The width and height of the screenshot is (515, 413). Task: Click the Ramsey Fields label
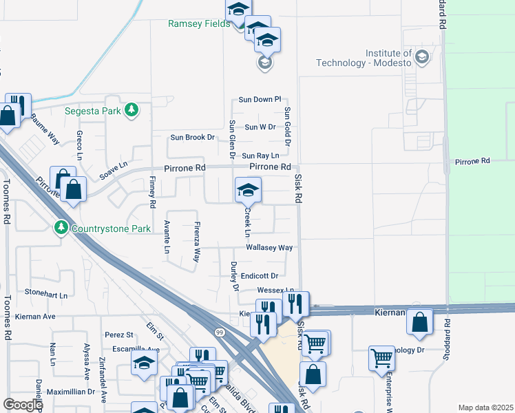click(200, 23)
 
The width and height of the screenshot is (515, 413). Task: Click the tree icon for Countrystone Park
click(61, 227)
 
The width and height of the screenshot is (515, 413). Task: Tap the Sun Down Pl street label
click(260, 100)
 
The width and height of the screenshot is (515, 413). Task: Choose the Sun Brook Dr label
click(192, 138)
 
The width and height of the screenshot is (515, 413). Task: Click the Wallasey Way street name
click(270, 248)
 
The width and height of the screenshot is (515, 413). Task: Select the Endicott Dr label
click(259, 276)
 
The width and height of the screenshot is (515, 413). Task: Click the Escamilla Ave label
click(132, 349)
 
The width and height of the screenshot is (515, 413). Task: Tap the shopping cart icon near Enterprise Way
click(381, 357)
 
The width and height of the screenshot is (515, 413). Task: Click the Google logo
click(23, 405)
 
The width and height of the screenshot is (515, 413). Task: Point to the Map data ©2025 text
click(485, 407)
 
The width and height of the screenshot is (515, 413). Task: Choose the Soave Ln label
click(114, 170)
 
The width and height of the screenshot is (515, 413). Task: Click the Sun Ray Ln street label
click(260, 156)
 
